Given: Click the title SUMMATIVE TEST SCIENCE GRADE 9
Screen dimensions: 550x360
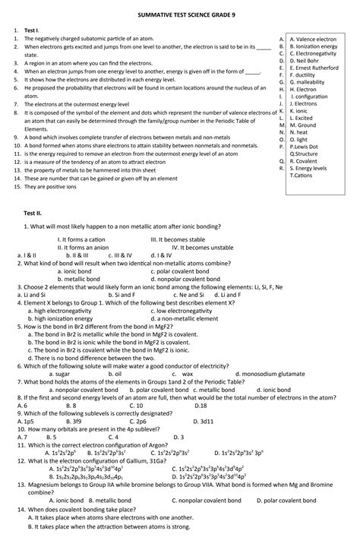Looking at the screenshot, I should point(180,14).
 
